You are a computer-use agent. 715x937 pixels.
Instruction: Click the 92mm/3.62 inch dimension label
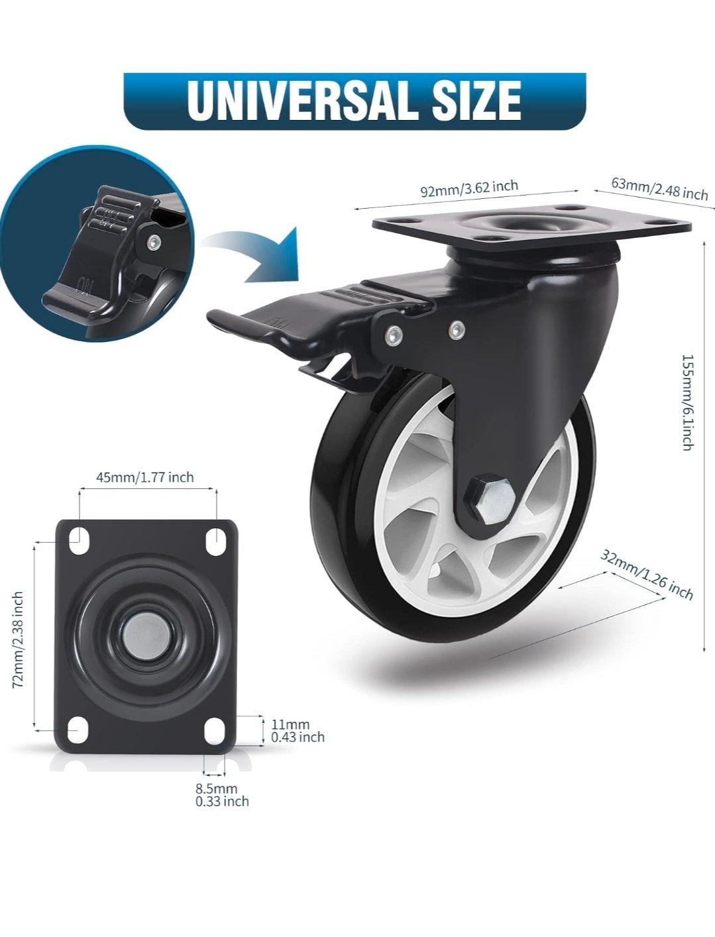(x=469, y=188)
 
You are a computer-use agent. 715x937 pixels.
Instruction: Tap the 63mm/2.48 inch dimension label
(x=659, y=188)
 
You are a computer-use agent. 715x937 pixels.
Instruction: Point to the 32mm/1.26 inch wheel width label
(x=646, y=574)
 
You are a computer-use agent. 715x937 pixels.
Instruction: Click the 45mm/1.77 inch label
(x=144, y=477)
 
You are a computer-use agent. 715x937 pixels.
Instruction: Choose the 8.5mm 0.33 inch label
(x=222, y=795)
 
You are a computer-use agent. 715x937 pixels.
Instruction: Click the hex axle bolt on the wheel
(x=492, y=497)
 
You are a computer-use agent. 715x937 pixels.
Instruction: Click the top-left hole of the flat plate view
(x=78, y=541)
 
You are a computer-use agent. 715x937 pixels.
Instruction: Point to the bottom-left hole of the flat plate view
(x=78, y=730)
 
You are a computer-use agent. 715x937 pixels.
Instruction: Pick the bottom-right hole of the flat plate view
(x=215, y=730)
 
